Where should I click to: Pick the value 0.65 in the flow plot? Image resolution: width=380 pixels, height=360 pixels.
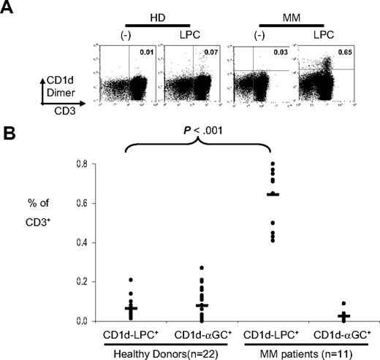[x=338, y=53]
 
